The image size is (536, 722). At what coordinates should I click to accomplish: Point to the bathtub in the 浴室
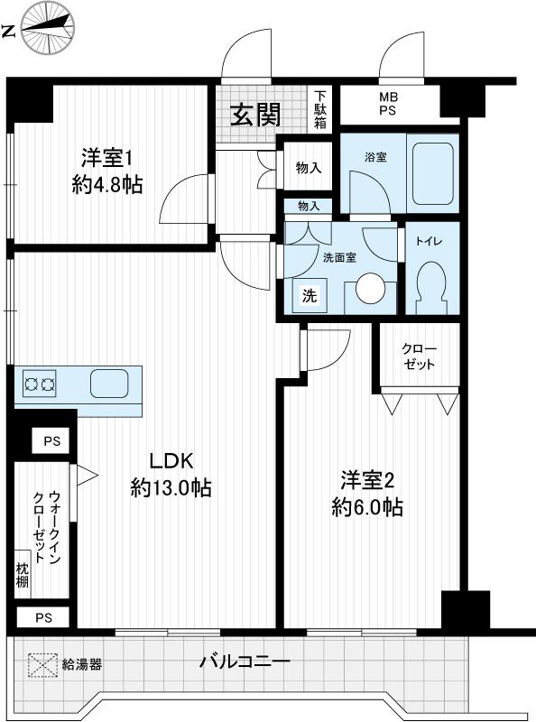[x=431, y=173]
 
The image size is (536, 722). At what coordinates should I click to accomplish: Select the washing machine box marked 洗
[x=309, y=295]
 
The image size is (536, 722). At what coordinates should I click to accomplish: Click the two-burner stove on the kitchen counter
[x=39, y=384]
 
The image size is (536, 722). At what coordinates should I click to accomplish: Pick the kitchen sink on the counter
[x=110, y=384]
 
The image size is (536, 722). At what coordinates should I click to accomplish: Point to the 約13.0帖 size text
[x=171, y=488]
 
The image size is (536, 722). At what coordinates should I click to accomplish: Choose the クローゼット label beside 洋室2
[x=419, y=356]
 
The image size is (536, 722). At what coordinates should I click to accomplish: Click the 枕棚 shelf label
[x=22, y=575]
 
